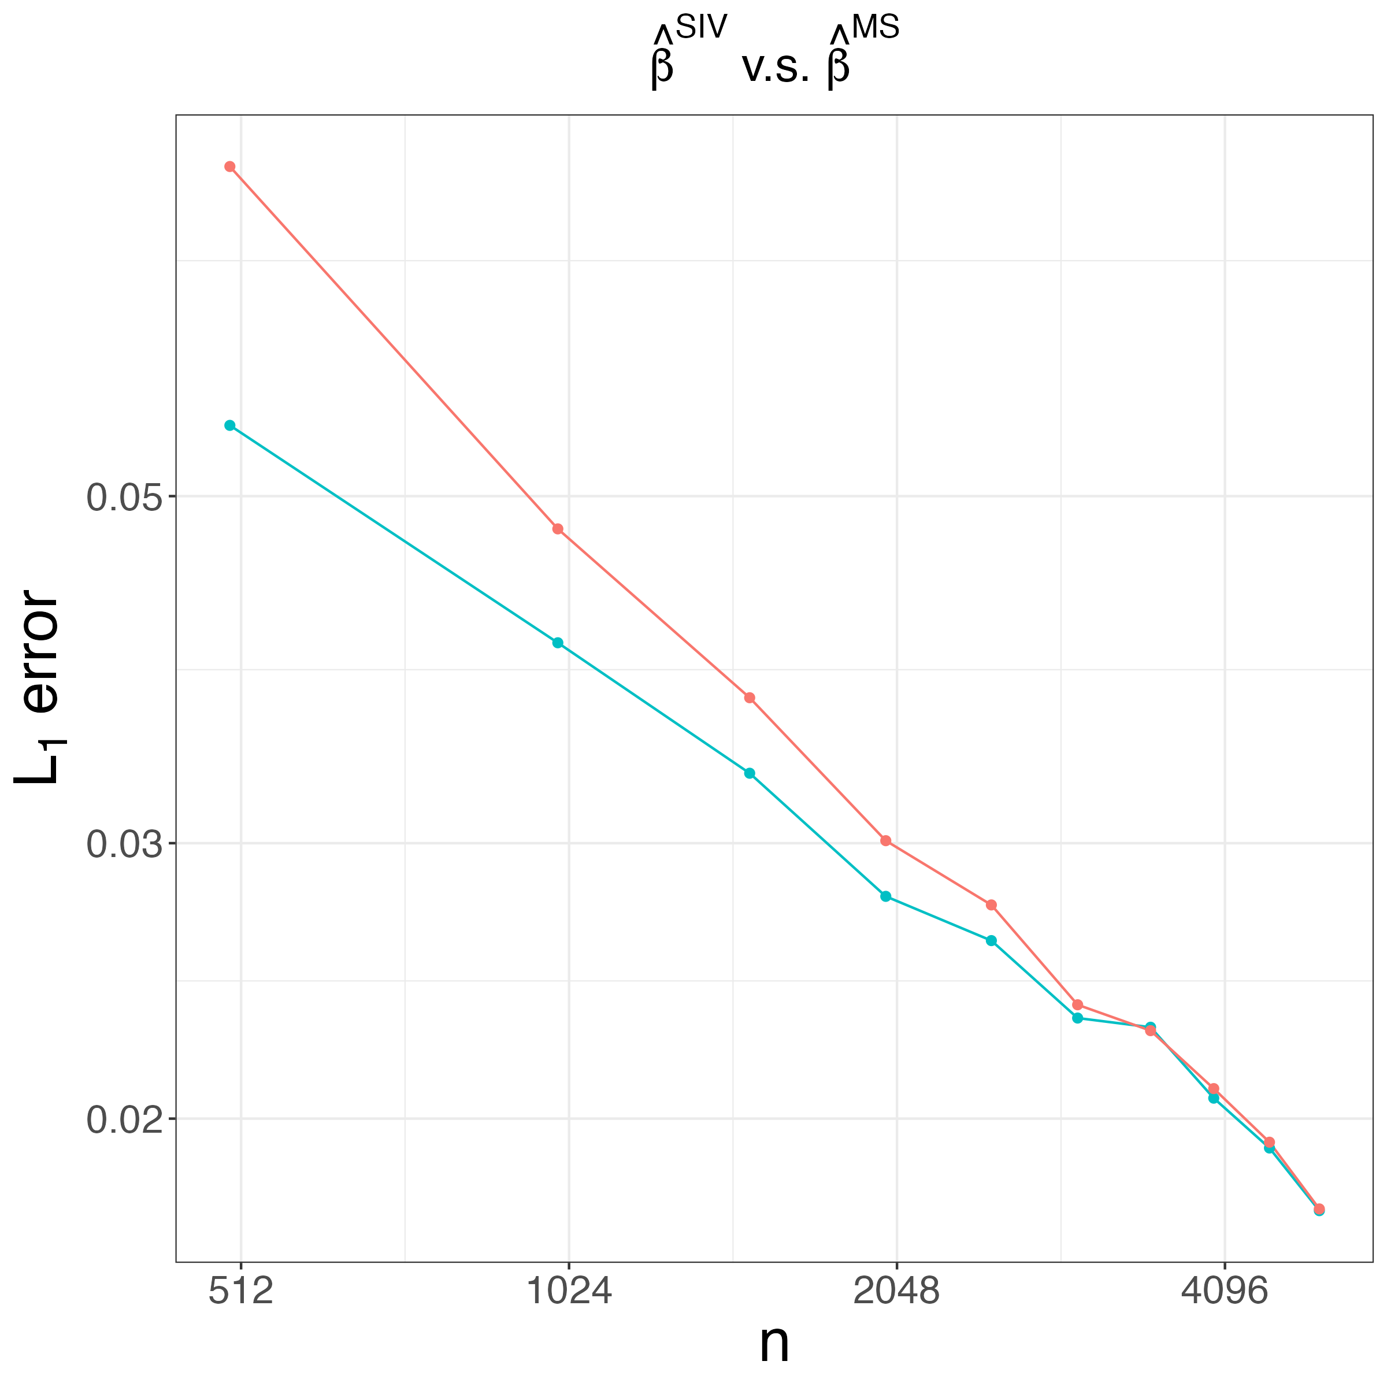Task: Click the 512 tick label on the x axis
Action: (241, 1292)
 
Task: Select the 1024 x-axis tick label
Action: (569, 1292)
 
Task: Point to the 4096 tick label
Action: (1224, 1292)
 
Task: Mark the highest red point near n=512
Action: (230, 166)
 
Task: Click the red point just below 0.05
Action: (558, 529)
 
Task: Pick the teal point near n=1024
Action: (558, 643)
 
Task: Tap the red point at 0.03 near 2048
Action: (886, 841)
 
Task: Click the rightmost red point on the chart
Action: (1319, 1210)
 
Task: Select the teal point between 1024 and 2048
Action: (750, 773)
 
